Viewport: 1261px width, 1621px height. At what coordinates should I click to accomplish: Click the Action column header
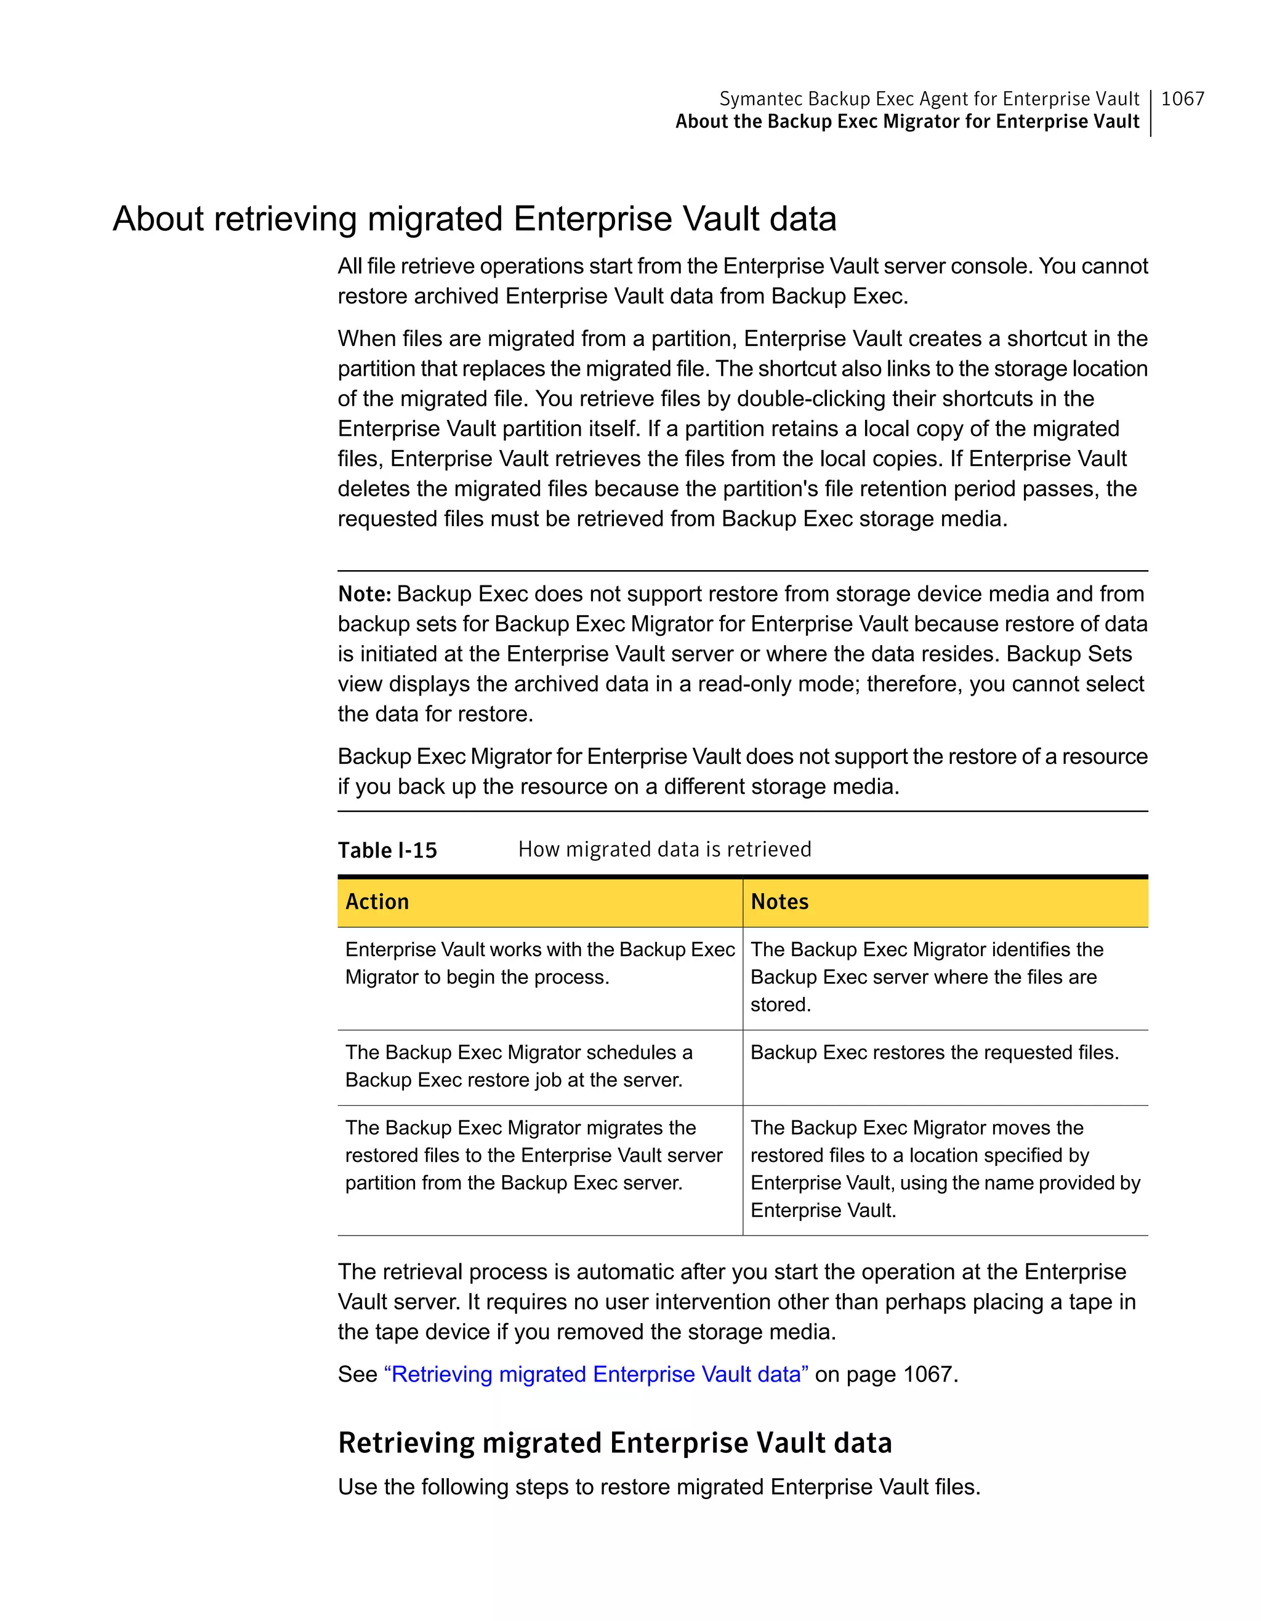[x=377, y=901]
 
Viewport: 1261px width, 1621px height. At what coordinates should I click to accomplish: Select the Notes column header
[x=780, y=901]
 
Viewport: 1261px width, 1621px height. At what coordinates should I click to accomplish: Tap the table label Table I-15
[x=387, y=850]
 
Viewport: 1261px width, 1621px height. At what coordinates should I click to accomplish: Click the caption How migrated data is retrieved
[x=664, y=849]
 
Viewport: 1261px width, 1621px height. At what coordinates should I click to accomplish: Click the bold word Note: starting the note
[x=364, y=593]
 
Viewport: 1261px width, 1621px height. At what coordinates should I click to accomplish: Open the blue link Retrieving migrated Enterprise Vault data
[x=596, y=1374]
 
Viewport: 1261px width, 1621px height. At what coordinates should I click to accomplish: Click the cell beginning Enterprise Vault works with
[x=539, y=963]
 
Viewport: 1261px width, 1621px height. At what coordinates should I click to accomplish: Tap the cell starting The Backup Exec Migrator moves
[x=944, y=1168]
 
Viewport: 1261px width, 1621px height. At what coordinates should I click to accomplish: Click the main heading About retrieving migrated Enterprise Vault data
[x=474, y=219]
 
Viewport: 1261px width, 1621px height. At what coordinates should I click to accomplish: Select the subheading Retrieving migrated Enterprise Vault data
[x=614, y=1442]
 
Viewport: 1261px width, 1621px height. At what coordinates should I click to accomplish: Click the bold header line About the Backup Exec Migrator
[x=906, y=122]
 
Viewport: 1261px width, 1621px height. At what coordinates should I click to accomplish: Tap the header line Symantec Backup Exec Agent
[x=929, y=99]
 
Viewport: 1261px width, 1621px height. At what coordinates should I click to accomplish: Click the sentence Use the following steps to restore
[x=658, y=1487]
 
